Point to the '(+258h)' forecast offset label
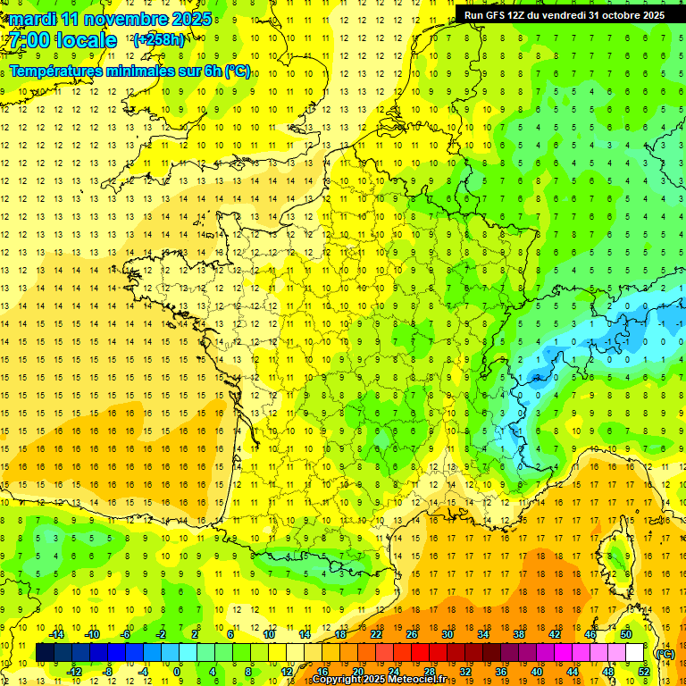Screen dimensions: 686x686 click(x=159, y=40)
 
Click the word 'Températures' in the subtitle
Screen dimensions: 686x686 click(x=54, y=71)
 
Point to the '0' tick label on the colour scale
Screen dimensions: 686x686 click(x=177, y=671)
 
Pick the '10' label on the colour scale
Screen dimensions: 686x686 click(x=269, y=634)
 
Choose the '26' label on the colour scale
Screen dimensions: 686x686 click(x=413, y=634)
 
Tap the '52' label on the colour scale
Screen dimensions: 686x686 click(x=644, y=671)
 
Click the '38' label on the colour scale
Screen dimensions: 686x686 click(x=519, y=634)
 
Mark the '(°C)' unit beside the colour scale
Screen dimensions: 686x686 click(x=665, y=653)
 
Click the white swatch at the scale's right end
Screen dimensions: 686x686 click(x=635, y=653)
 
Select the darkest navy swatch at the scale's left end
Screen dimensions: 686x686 click(x=45, y=653)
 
